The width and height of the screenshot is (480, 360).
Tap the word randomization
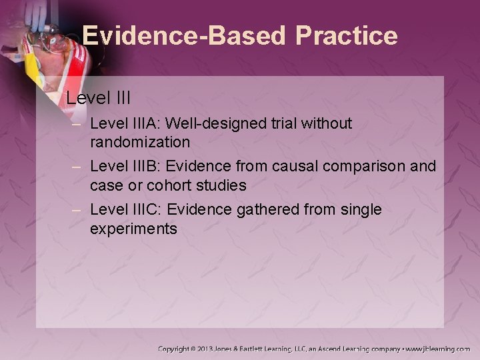tap(140, 142)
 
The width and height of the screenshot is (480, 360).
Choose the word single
tap(359, 210)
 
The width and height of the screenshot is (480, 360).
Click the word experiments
tap(133, 229)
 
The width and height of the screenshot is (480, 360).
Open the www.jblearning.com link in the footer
tap(438, 349)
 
